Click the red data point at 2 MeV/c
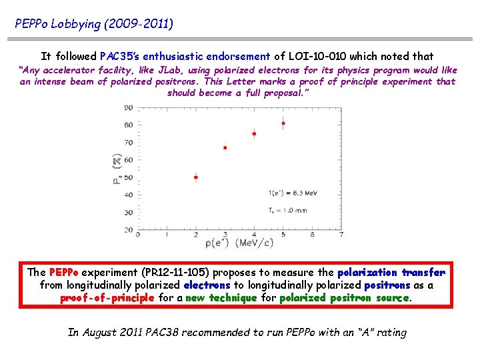195,177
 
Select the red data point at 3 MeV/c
225,147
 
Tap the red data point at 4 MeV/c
254,134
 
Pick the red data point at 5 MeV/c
283,123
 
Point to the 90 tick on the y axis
128,107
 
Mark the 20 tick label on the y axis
128,229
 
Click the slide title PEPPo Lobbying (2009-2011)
94,24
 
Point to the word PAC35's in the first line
124,57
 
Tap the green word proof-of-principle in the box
107,298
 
